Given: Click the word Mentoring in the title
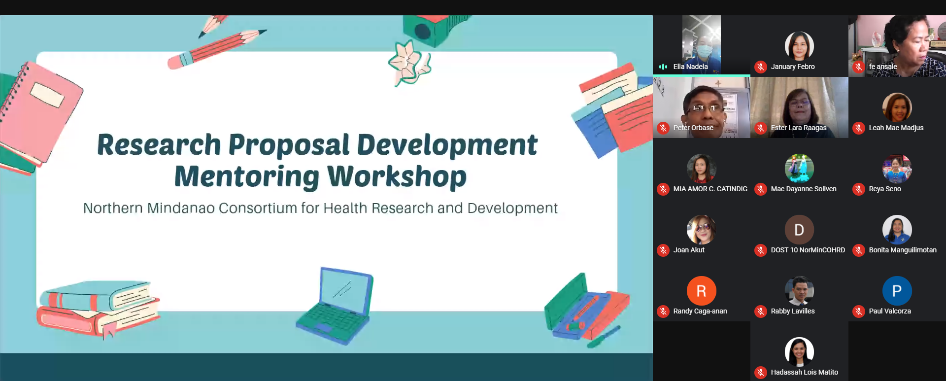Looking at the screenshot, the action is click(x=246, y=176).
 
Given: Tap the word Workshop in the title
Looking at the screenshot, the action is click(x=397, y=176).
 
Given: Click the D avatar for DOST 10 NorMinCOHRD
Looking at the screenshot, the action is click(x=799, y=230).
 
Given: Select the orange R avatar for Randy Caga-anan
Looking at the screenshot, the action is click(x=701, y=291).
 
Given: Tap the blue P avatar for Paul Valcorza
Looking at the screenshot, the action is click(x=897, y=291).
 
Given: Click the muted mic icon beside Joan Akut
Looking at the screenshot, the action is click(x=663, y=250).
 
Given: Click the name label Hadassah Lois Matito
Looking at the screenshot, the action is click(x=804, y=372).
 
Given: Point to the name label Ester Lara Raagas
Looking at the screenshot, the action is click(x=799, y=128).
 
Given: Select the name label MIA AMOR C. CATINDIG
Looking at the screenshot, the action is click(x=710, y=189).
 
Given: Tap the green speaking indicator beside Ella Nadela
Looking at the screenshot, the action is click(x=663, y=67).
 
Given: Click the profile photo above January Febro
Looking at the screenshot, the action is click(x=799, y=46).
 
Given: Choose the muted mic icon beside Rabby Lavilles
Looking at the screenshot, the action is click(x=761, y=312).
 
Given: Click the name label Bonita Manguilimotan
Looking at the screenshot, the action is click(x=903, y=250).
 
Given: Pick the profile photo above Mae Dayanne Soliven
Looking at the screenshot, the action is click(x=799, y=169).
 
